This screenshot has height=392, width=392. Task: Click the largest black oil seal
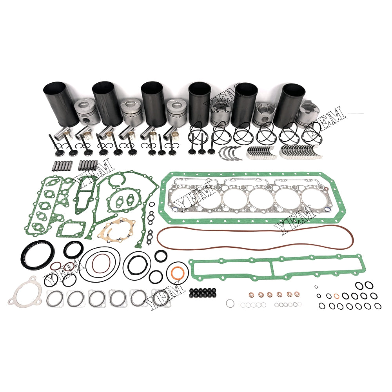[x=37, y=255]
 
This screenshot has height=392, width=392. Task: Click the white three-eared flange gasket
[x=25, y=293]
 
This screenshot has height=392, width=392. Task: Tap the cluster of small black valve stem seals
[x=202, y=292]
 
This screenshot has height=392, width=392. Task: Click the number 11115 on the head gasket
[x=217, y=211]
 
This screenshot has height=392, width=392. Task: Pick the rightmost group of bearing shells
[x=294, y=152]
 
